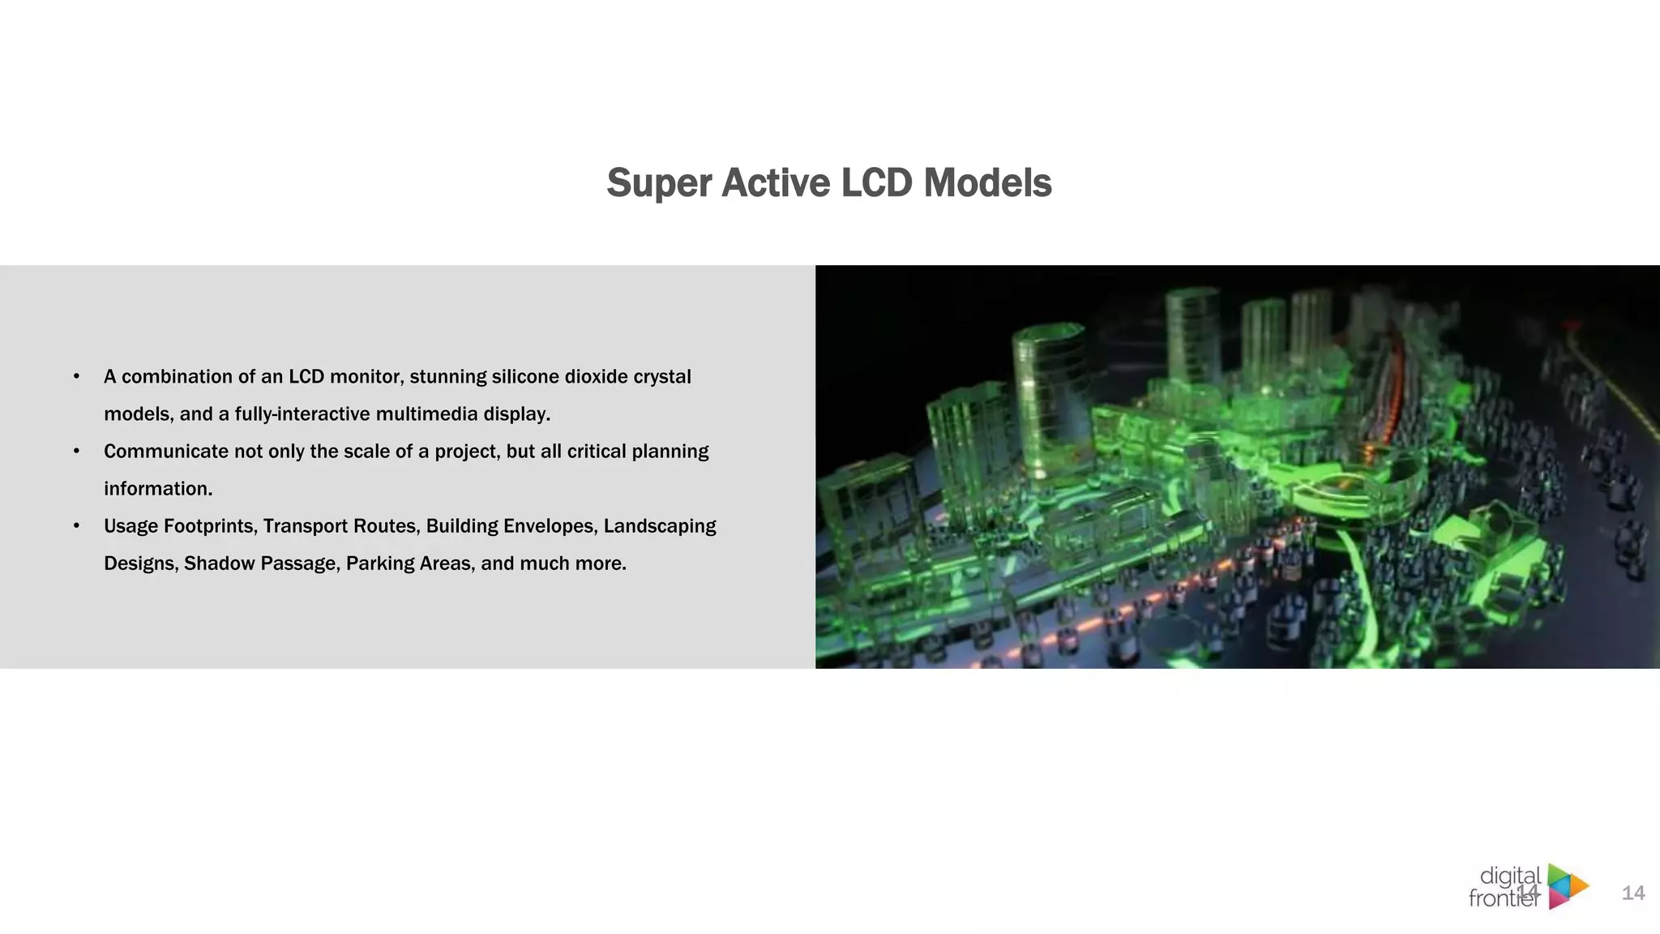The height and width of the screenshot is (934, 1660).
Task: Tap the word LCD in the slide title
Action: pos(877,183)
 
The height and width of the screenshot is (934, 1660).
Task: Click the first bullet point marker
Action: pos(76,376)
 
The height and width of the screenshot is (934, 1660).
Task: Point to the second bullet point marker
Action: pos(76,451)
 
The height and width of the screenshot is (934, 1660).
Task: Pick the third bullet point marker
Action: pos(76,525)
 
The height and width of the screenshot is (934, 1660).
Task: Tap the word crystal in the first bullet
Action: pos(662,377)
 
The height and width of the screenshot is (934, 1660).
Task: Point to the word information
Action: pos(157,489)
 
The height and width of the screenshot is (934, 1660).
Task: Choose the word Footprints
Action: pos(208,526)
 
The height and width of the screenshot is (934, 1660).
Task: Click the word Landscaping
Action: pos(660,526)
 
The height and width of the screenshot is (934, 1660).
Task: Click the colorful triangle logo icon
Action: pos(1567,886)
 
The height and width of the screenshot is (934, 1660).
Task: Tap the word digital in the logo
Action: pos(1510,876)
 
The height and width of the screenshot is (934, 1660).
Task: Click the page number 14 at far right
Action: pos(1632,893)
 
